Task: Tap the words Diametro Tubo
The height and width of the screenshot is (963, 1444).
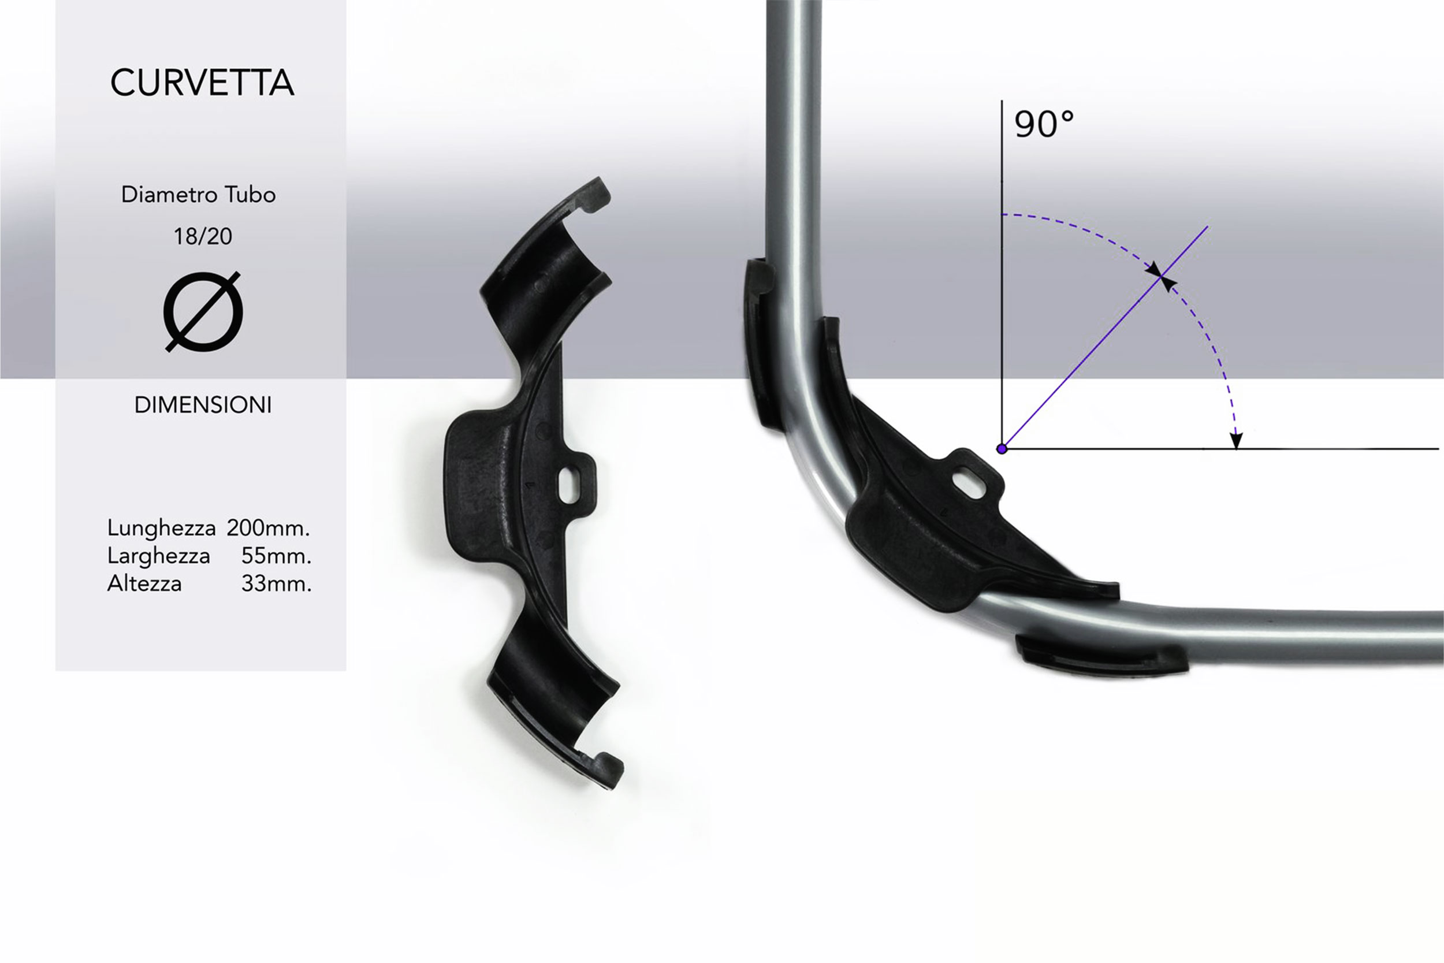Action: click(x=198, y=194)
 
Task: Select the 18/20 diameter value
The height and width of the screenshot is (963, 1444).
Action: click(x=203, y=236)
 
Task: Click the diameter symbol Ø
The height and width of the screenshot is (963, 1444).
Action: click(x=203, y=312)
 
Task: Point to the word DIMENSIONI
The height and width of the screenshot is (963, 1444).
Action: click(x=203, y=405)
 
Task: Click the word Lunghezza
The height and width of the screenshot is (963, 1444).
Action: click(x=162, y=528)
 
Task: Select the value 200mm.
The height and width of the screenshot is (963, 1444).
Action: click(x=268, y=527)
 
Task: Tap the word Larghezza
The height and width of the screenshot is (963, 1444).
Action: click(x=158, y=556)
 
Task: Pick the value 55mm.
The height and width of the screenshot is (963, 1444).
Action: click(x=276, y=555)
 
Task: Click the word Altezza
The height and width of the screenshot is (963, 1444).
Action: click(x=144, y=583)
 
